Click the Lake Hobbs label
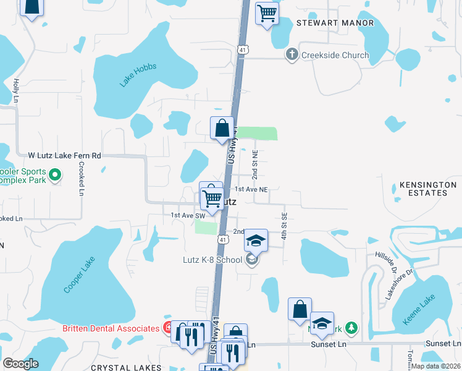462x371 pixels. [x=138, y=75]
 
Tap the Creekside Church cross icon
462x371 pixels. [x=292, y=55]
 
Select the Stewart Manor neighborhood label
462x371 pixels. [x=335, y=23]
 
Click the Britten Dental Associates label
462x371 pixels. [x=111, y=328]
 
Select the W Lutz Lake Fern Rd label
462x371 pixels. [x=64, y=156]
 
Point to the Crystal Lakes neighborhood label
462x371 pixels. [x=126, y=367]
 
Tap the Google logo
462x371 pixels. [x=20, y=364]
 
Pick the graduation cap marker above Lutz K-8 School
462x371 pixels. [x=256, y=240]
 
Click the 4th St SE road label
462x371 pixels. [x=285, y=227]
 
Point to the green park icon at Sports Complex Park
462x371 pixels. [x=55, y=176]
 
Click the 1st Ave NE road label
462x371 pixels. [x=250, y=190]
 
